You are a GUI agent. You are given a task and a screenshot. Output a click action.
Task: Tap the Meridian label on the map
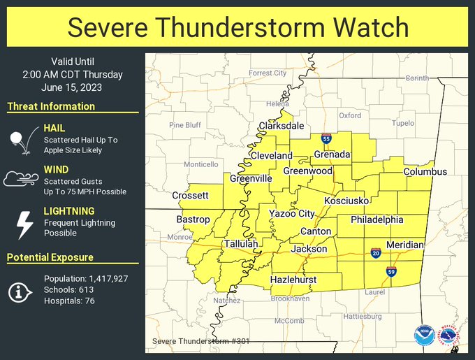404,245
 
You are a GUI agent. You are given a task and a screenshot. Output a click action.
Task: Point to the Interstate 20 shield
376,253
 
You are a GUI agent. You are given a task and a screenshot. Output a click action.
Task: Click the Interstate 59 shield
390,271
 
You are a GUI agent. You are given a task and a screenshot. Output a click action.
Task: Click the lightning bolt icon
24,225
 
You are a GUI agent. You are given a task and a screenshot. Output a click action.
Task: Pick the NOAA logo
423,336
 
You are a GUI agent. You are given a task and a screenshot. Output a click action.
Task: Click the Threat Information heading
51,106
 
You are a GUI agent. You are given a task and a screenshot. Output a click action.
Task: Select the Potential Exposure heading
50,257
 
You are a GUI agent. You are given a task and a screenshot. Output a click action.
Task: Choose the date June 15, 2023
73,87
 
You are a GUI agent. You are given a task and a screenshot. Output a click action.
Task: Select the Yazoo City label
292,213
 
